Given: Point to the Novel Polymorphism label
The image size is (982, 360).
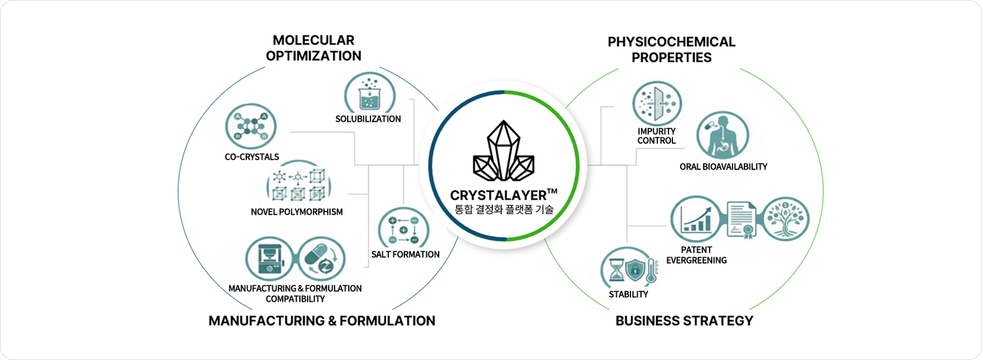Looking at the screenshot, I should [x=297, y=211].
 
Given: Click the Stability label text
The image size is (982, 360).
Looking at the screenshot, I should [x=628, y=294].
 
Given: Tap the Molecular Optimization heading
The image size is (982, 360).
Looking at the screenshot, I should [x=314, y=48].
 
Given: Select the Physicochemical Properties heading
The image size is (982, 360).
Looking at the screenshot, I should [x=672, y=49].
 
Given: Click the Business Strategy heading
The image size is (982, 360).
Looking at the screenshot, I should [x=684, y=321].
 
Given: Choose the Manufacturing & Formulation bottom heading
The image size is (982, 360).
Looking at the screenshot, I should [x=321, y=321].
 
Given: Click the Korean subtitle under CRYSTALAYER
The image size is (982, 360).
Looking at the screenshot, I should [x=503, y=210].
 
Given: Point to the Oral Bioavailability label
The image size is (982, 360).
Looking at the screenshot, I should [x=723, y=167].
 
